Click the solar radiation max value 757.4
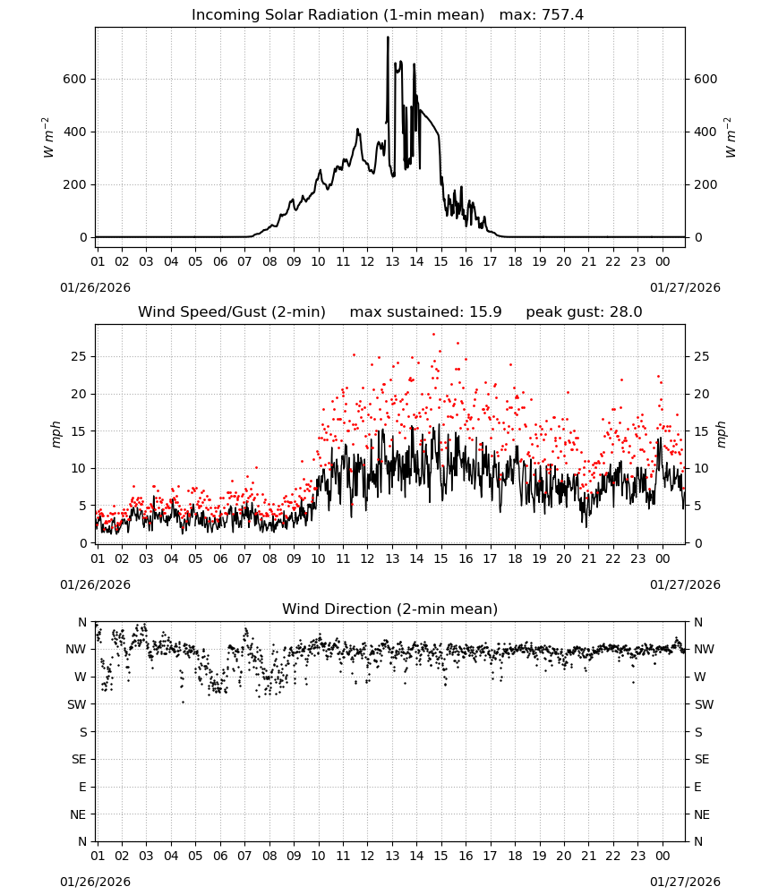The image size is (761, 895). (562, 15)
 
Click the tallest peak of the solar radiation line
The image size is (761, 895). (389, 38)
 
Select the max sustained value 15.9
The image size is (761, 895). (485, 312)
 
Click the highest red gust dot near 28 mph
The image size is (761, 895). (434, 334)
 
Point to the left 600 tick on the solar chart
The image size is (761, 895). (75, 80)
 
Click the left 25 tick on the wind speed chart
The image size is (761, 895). (80, 357)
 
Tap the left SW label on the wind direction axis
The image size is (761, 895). (77, 705)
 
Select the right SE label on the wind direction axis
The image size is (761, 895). (702, 760)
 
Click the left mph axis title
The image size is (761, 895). (56, 434)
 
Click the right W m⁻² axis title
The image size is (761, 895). (731, 138)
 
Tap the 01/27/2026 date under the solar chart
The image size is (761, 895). (685, 287)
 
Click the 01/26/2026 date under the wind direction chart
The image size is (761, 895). (95, 882)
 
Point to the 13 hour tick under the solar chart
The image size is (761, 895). (392, 262)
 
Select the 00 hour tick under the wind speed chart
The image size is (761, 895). (663, 558)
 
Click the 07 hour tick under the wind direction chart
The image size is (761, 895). (244, 857)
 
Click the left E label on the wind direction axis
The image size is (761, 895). (82, 787)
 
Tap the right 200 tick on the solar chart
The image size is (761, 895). (705, 185)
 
